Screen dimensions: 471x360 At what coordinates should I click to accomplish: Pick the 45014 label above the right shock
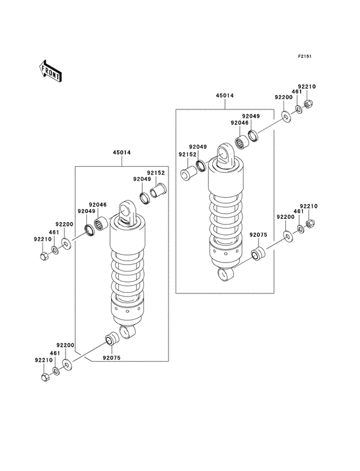click(x=224, y=96)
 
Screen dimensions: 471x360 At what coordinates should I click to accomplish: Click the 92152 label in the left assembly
click(x=156, y=172)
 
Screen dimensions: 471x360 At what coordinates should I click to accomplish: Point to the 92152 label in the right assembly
click(x=188, y=154)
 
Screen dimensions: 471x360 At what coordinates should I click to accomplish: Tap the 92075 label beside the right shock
click(x=258, y=235)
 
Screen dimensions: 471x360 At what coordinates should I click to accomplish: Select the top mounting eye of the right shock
click(x=226, y=155)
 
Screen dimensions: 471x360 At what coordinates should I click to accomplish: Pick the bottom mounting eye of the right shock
click(x=228, y=275)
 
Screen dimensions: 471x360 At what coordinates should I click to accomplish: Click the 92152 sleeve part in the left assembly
click(x=158, y=192)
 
